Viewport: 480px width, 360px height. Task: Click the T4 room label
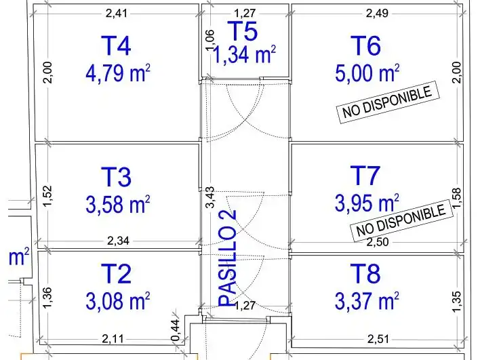pyautogui.click(x=116, y=45)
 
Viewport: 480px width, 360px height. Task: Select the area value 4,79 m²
pyautogui.click(x=118, y=73)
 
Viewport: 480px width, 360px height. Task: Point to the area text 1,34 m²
pyautogui.click(x=243, y=54)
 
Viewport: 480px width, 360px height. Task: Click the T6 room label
pyautogui.click(x=365, y=45)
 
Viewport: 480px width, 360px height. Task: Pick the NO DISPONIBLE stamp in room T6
pyautogui.click(x=388, y=102)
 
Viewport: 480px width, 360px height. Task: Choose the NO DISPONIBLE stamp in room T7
pyautogui.click(x=401, y=220)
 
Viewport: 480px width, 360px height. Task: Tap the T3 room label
pyautogui.click(x=116, y=177)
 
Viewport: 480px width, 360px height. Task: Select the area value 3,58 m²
pyautogui.click(x=118, y=204)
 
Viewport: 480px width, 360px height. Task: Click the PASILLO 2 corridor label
pyautogui.click(x=227, y=258)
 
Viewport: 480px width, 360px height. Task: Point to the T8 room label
pyautogui.click(x=365, y=273)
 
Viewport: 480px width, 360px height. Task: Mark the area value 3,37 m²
pyautogui.click(x=367, y=300)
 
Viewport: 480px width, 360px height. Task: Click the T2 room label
pyautogui.click(x=116, y=273)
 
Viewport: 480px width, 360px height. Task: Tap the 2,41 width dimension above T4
pyautogui.click(x=117, y=13)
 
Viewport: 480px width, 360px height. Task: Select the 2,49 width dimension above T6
pyautogui.click(x=377, y=13)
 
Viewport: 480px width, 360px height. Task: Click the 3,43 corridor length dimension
pyautogui.click(x=210, y=197)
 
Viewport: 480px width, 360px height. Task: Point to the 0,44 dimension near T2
pyautogui.click(x=176, y=330)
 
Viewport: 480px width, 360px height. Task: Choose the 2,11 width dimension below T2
pyautogui.click(x=113, y=339)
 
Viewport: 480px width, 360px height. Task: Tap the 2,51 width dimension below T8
pyautogui.click(x=378, y=339)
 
